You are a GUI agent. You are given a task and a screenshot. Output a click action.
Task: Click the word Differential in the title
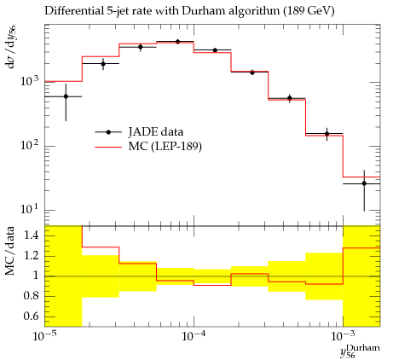(x=73, y=11)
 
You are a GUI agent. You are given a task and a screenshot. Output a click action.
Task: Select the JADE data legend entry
(x=139, y=132)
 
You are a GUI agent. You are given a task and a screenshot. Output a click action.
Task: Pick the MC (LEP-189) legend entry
(x=148, y=147)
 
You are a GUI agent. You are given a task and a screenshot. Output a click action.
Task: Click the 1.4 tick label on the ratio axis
(x=32, y=235)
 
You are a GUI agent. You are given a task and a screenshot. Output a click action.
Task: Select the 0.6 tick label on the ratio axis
(x=32, y=316)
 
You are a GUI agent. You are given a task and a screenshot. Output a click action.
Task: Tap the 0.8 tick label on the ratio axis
(x=32, y=296)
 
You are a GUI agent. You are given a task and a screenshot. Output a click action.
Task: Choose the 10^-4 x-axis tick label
(x=194, y=336)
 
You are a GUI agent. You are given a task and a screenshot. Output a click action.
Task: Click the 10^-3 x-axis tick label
(x=344, y=336)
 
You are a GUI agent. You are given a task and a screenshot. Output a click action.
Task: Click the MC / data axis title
(x=10, y=251)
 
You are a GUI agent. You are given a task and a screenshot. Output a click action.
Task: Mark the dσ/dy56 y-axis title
(x=11, y=47)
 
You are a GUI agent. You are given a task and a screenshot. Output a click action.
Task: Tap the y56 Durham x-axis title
(x=360, y=351)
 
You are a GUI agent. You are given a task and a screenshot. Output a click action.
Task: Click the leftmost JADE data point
(x=66, y=96)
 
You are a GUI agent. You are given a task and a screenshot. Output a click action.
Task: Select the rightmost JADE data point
(x=364, y=183)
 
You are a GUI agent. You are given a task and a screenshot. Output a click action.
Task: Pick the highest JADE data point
(x=177, y=42)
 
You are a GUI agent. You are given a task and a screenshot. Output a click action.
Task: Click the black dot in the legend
(x=108, y=132)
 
